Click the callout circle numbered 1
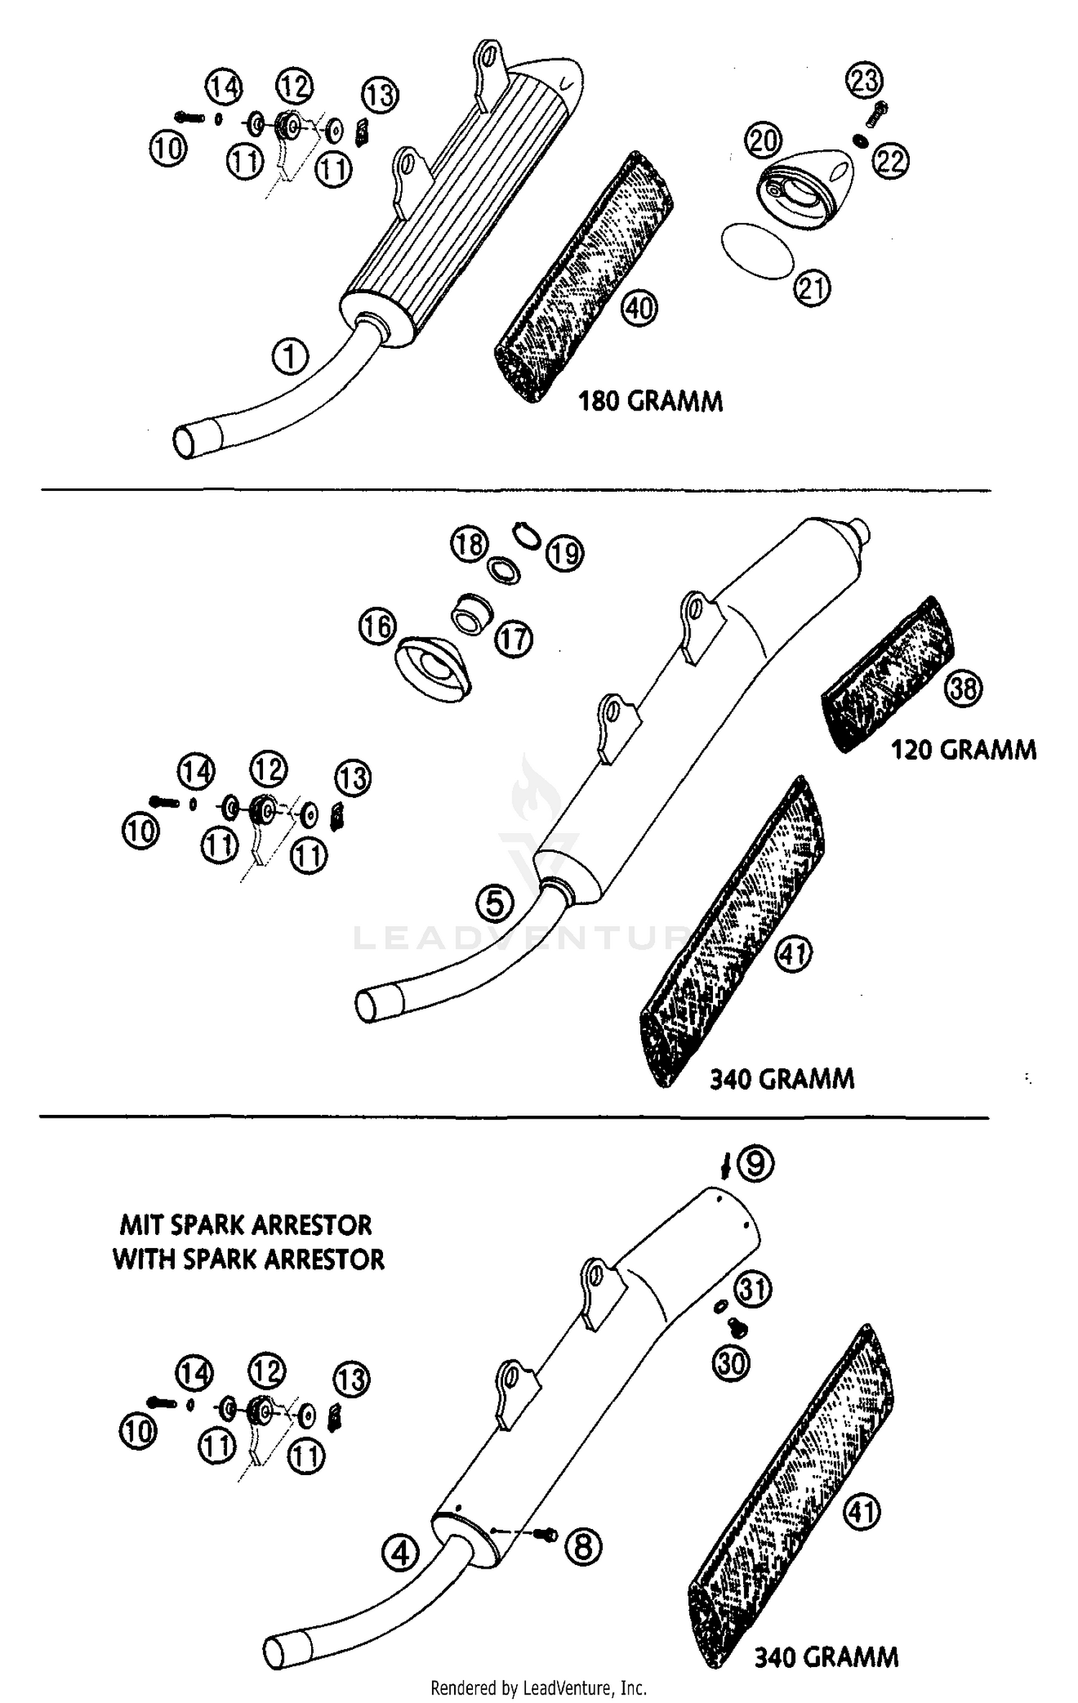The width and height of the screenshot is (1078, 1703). pyautogui.click(x=290, y=357)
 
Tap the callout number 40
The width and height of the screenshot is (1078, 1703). pyautogui.click(x=640, y=309)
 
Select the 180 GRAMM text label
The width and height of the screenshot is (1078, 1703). pyautogui.click(x=650, y=401)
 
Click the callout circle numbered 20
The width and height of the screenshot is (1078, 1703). pyautogui.click(x=763, y=139)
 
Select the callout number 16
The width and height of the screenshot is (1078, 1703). pyautogui.click(x=377, y=626)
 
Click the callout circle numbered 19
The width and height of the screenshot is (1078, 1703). pyautogui.click(x=565, y=554)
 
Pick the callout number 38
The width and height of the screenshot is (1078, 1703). pyautogui.click(x=964, y=689)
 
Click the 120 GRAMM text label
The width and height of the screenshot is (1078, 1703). pyautogui.click(x=964, y=750)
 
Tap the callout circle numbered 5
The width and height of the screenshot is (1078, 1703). pyautogui.click(x=495, y=903)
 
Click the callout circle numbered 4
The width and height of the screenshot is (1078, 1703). pyautogui.click(x=400, y=1554)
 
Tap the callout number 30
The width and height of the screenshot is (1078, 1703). pyautogui.click(x=732, y=1362)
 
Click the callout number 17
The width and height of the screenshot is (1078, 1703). pyautogui.click(x=514, y=638)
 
